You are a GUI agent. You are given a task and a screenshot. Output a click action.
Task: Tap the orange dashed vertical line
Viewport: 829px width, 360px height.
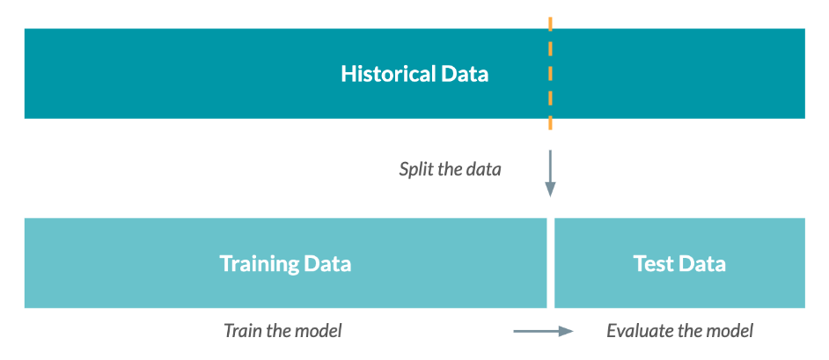(550, 73)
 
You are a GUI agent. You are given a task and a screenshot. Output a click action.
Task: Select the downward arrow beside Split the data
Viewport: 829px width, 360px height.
(550, 173)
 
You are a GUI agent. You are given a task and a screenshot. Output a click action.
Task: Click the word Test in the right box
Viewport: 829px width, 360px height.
(653, 263)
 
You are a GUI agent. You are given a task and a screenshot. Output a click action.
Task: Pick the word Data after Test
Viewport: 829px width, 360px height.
(701, 263)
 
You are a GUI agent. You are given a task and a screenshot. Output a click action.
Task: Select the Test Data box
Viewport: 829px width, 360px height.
(680, 262)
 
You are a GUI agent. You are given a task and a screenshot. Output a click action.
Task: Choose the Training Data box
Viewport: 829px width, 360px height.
(285, 262)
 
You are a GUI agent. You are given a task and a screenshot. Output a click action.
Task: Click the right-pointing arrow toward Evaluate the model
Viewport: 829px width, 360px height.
(543, 332)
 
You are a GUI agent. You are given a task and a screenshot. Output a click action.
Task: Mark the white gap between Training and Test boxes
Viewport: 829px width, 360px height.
(550, 262)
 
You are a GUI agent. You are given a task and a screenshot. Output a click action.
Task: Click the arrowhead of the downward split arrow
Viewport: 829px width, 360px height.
(550, 190)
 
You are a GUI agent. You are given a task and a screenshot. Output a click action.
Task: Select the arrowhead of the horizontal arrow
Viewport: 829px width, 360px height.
(567, 332)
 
